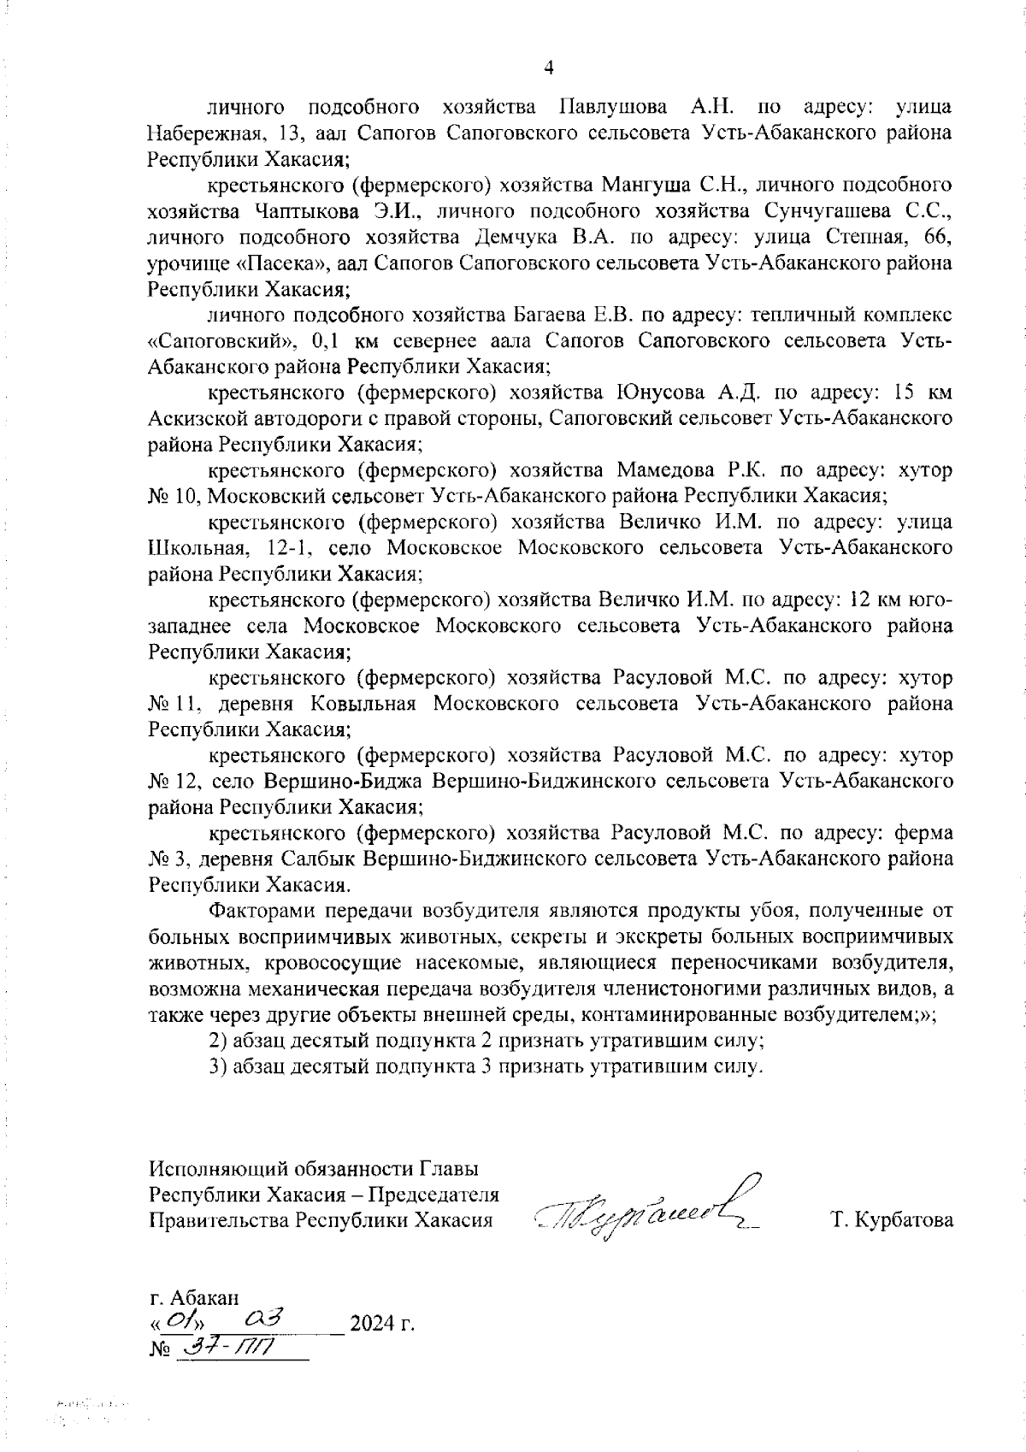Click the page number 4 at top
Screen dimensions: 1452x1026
pyautogui.click(x=549, y=68)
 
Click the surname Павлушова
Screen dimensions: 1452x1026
pyautogui.click(x=613, y=108)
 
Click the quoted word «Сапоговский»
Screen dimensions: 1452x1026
pyautogui.click(x=221, y=341)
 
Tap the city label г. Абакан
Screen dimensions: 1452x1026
pyautogui.click(x=194, y=1298)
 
